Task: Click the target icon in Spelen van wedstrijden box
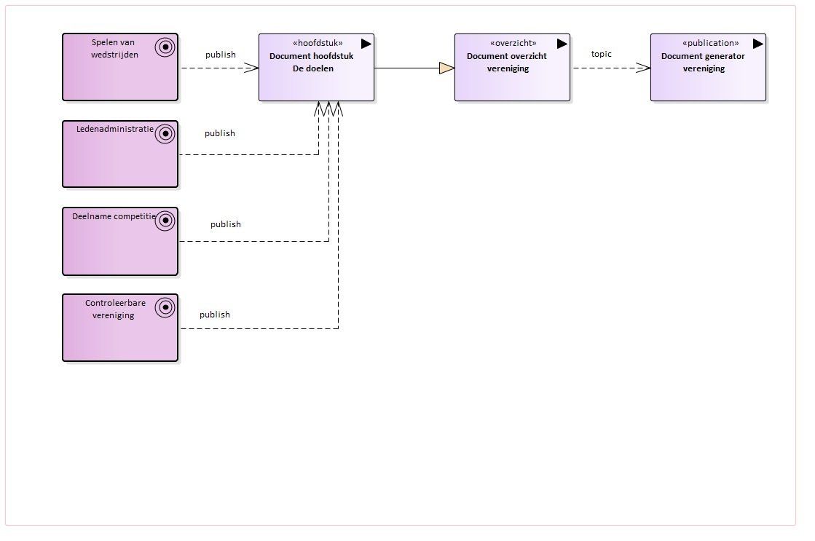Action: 165,47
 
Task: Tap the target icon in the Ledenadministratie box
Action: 165,134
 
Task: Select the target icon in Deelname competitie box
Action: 165,221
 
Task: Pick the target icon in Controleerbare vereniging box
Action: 165,308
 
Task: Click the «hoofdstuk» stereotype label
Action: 318,43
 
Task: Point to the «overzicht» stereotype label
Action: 513,43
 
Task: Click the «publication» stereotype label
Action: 710,43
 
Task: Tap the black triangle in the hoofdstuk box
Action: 366,44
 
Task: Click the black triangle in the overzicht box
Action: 562,44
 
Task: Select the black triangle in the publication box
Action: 757,44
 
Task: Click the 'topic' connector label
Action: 602,54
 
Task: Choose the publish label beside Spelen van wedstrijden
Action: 221,55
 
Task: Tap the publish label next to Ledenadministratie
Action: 220,133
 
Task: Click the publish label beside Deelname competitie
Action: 226,224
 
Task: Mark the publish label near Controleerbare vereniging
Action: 215,315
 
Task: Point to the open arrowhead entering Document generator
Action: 643,68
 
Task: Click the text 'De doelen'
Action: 313,68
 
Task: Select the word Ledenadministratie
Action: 115,129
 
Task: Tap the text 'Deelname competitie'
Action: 114,216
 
